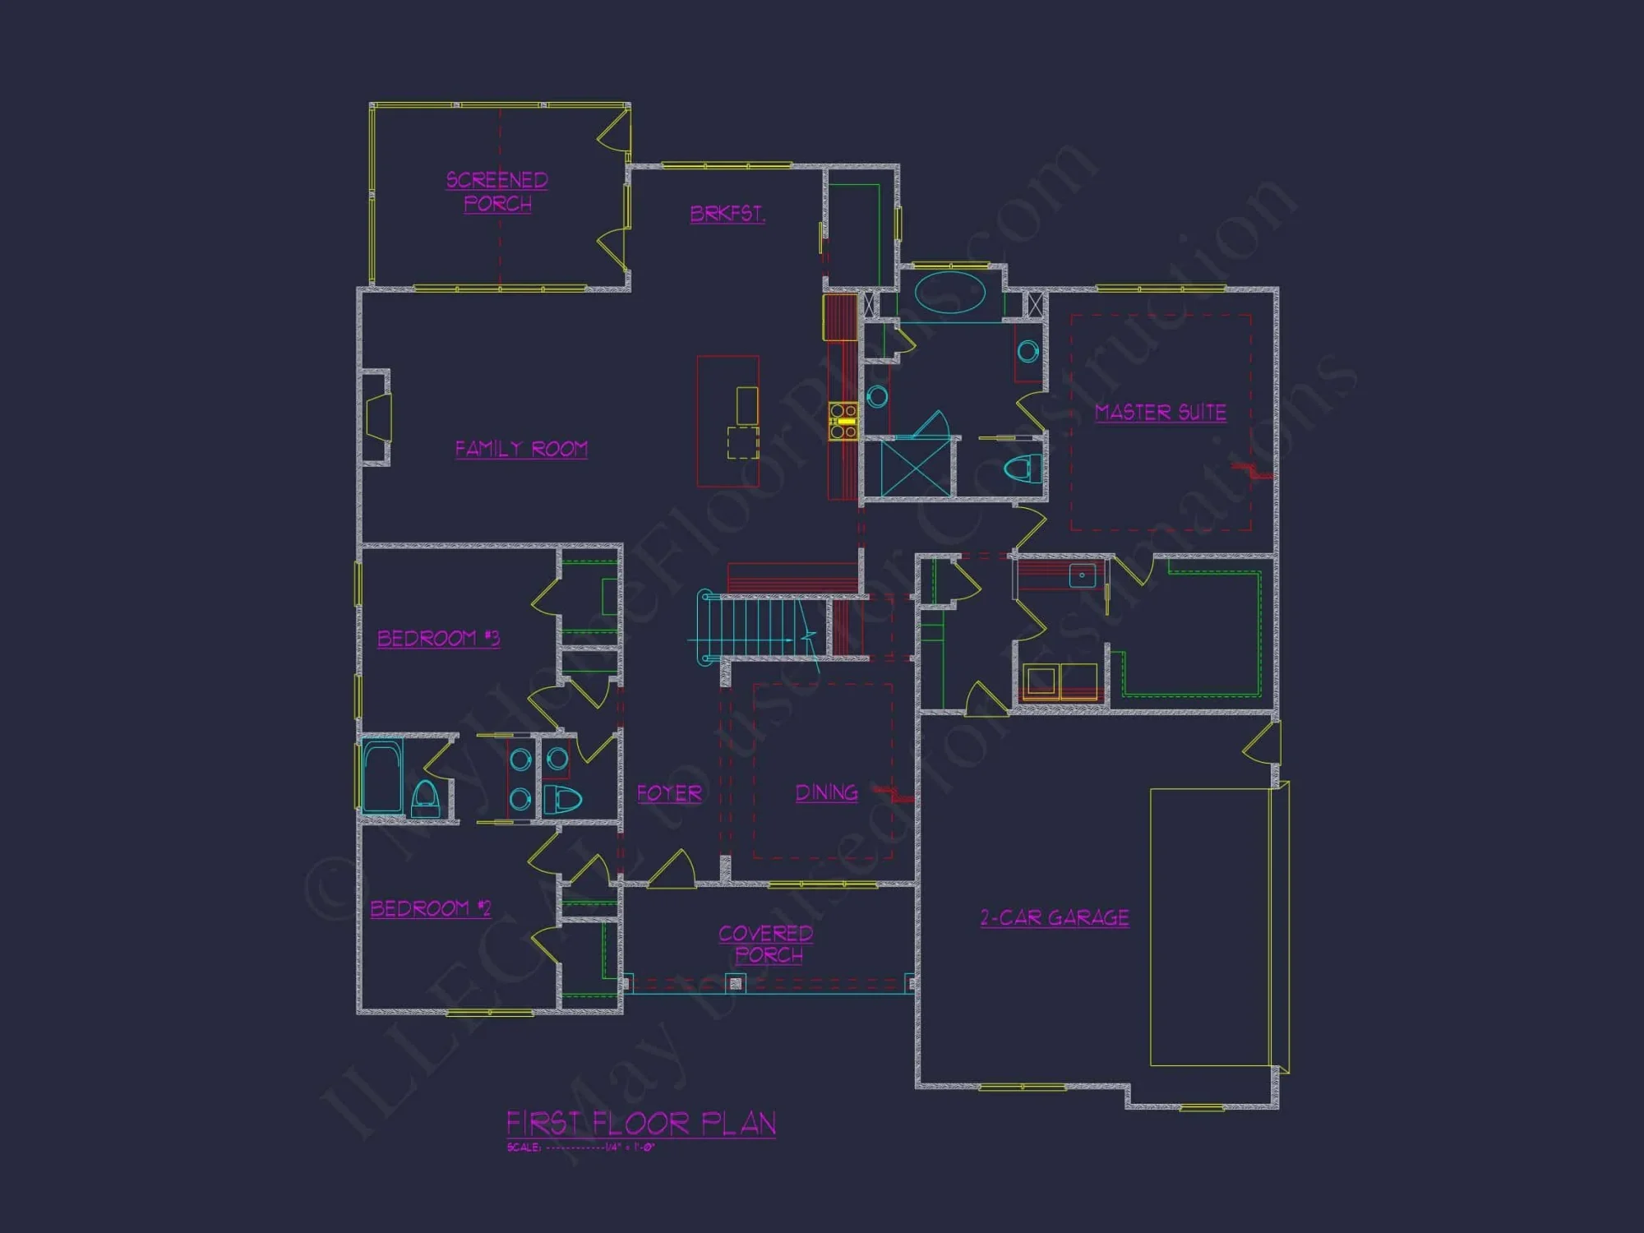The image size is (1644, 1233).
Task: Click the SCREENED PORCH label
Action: point(497,192)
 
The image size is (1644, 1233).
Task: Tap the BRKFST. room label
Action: point(727,214)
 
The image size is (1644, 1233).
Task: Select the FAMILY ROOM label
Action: point(521,449)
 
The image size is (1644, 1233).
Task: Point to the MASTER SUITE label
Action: point(1160,412)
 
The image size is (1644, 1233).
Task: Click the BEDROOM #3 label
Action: point(438,638)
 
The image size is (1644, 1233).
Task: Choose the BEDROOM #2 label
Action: point(430,908)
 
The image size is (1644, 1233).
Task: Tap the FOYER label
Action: point(669,793)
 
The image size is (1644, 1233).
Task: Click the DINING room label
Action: point(826,792)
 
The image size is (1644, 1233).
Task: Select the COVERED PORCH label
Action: point(766,944)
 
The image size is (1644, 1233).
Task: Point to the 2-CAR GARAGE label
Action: point(1055,917)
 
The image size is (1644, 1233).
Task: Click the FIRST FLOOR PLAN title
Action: point(641,1123)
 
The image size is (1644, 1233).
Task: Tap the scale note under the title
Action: point(580,1148)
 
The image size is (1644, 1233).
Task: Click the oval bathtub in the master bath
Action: point(950,293)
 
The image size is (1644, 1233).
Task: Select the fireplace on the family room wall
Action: point(377,418)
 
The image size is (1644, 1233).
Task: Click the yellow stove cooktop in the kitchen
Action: point(843,421)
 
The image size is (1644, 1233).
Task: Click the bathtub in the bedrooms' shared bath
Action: point(381,777)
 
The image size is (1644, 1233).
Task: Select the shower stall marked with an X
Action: point(914,468)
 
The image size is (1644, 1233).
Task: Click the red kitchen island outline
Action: point(727,421)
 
